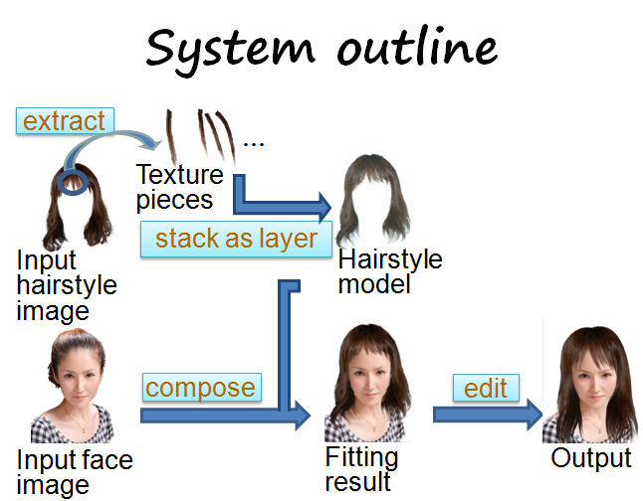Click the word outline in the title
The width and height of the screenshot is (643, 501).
pyautogui.click(x=417, y=47)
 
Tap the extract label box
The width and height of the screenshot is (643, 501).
pyautogui.click(x=65, y=121)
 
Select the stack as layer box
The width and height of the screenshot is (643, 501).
pyautogui.click(x=236, y=239)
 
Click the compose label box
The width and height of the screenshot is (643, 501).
pyautogui.click(x=202, y=387)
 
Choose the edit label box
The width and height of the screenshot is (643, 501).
pyautogui.click(x=486, y=388)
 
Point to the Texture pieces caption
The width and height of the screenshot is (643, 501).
pyautogui.click(x=179, y=187)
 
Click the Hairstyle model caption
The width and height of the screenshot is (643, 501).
pyautogui.click(x=390, y=271)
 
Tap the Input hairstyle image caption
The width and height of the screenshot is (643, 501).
pyautogui.click(x=67, y=285)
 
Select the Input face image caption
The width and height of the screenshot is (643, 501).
pyautogui.click(x=75, y=472)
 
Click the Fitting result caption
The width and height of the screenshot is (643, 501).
pyautogui.click(x=361, y=468)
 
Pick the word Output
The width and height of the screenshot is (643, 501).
pyautogui.click(x=591, y=457)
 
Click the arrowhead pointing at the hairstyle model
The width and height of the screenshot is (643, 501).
pyautogui.click(x=324, y=207)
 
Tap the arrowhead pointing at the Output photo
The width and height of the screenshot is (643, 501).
pyautogui.click(x=535, y=415)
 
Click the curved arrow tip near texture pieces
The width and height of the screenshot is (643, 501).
pyautogui.click(x=157, y=143)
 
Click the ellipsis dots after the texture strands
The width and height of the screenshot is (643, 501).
pyautogui.click(x=254, y=144)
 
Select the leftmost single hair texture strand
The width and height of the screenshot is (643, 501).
pyautogui.click(x=171, y=137)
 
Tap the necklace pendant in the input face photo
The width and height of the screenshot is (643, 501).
pyautogui.click(x=85, y=430)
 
